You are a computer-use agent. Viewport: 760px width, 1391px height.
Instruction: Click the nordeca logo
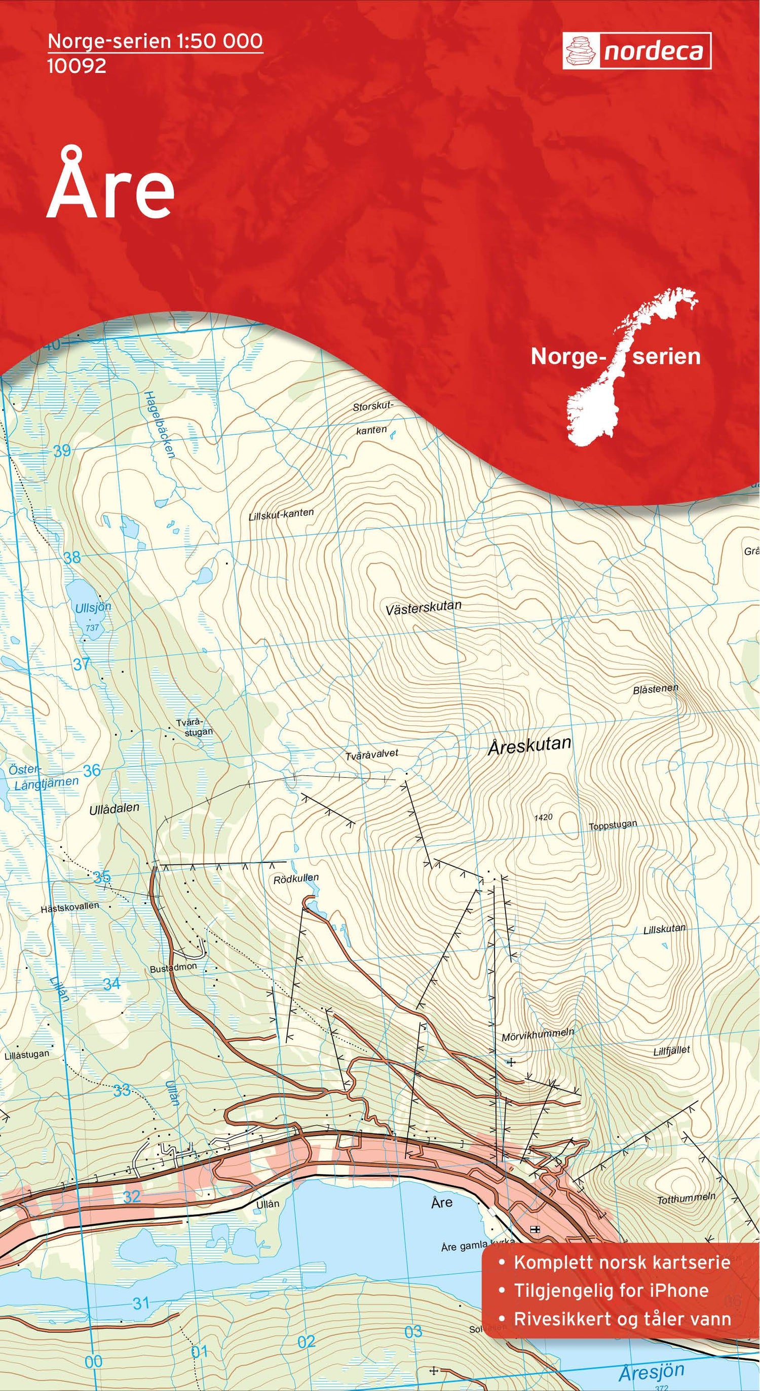pyautogui.click(x=637, y=51)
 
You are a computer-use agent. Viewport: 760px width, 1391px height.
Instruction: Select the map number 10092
pyautogui.click(x=77, y=66)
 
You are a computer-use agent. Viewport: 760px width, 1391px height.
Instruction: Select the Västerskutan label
pyautogui.click(x=424, y=608)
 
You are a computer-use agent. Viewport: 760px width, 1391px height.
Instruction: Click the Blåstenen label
pyautogui.click(x=655, y=690)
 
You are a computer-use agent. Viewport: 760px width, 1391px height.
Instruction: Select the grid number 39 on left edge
pyautogui.click(x=62, y=450)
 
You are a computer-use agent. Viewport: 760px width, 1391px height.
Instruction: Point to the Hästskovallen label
pyautogui.click(x=69, y=907)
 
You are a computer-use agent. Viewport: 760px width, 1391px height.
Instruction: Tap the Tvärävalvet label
pyautogui.click(x=372, y=755)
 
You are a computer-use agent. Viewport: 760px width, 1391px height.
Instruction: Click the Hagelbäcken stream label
pyautogui.click(x=159, y=426)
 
